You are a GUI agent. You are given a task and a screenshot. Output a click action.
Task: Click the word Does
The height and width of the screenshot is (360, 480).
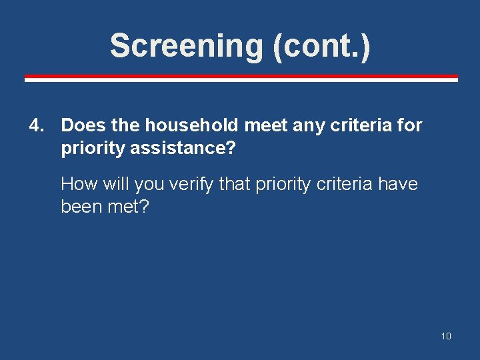[81, 125]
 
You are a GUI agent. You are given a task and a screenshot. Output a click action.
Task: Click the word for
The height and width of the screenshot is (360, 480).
[409, 125]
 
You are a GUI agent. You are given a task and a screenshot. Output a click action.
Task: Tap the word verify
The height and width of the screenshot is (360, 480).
[193, 184]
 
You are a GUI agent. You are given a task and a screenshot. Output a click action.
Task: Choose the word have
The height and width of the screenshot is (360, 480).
[398, 184]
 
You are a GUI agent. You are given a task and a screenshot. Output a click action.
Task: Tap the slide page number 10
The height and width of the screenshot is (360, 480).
[446, 336]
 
